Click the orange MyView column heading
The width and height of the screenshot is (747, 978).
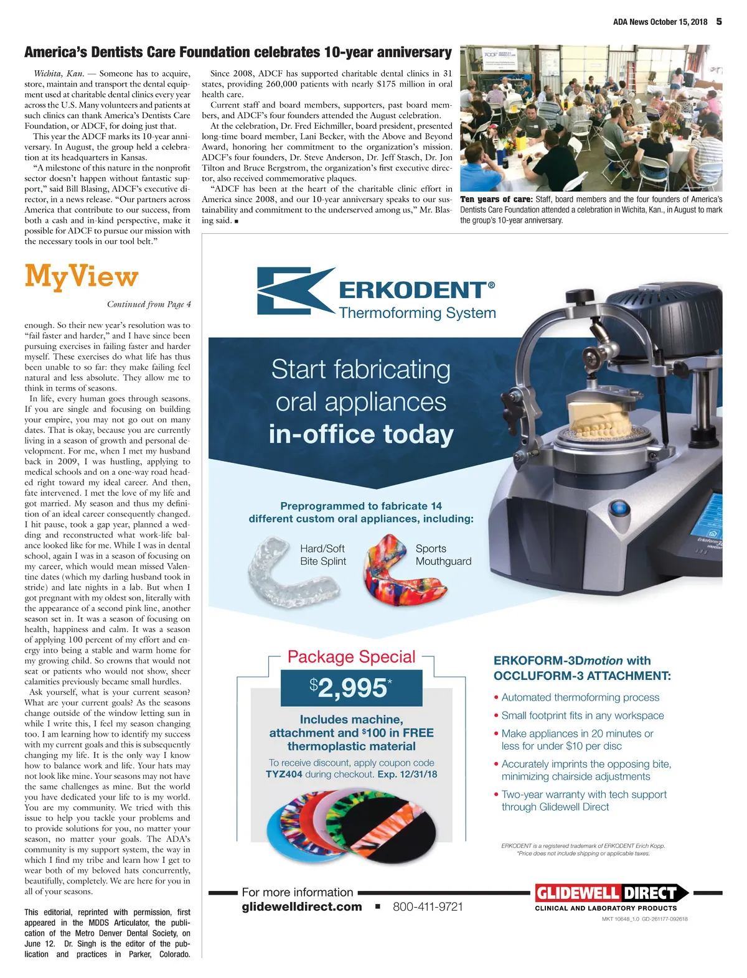click(81, 277)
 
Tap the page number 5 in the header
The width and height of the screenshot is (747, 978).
click(719, 21)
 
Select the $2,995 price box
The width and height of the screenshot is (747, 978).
click(351, 687)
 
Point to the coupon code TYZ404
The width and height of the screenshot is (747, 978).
click(284, 775)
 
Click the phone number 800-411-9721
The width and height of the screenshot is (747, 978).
click(428, 906)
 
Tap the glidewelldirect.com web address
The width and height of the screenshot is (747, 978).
click(302, 906)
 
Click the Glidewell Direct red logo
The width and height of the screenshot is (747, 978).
click(611, 893)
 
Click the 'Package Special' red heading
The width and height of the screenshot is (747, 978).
click(351, 657)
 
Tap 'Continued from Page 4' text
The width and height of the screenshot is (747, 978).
click(149, 304)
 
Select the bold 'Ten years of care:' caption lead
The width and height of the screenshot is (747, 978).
click(496, 200)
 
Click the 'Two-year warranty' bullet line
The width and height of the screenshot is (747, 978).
click(584, 794)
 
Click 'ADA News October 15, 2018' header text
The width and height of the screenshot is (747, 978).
click(660, 22)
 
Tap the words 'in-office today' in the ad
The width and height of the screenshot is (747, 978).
click(361, 434)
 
